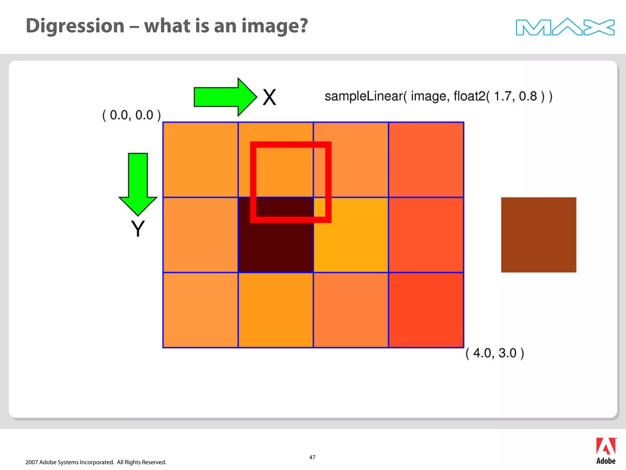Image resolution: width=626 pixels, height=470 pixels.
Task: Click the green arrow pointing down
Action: click(138, 184)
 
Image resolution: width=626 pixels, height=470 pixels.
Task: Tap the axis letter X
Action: click(269, 98)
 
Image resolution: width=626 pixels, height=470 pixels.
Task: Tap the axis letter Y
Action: click(138, 229)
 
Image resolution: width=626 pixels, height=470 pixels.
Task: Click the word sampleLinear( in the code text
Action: click(366, 96)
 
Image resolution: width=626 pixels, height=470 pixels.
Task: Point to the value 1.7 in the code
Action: click(503, 96)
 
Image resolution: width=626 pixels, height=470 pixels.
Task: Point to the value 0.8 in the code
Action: click(528, 96)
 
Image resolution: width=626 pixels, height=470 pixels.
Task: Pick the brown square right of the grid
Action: click(539, 235)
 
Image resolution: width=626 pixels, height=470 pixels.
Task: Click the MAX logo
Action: click(565, 27)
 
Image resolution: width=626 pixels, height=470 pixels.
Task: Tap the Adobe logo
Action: click(606, 451)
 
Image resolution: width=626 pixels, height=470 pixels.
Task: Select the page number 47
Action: click(312, 457)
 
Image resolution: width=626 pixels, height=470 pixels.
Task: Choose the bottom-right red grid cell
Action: click(426, 310)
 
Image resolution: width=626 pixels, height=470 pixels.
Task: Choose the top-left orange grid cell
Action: click(201, 160)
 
